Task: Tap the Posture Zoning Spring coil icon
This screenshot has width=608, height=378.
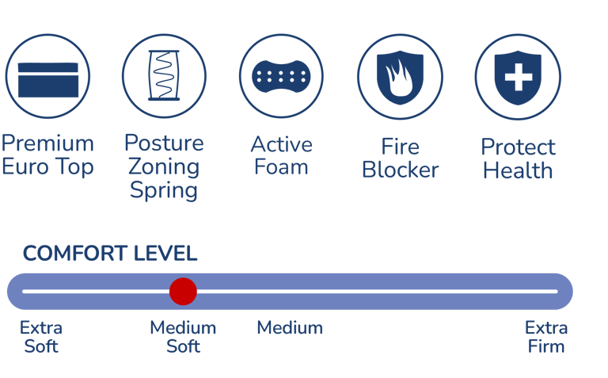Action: pos(164,76)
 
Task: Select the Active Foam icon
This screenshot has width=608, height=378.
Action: pos(281,76)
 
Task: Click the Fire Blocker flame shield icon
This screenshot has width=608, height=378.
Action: pos(399,78)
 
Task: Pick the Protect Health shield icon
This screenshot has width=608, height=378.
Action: pos(518,78)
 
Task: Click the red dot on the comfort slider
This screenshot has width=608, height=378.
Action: pos(183,292)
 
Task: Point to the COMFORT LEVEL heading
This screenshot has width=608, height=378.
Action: pos(110,254)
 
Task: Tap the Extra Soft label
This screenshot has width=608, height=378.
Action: pos(41,337)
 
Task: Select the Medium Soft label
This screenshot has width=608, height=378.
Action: pos(183,337)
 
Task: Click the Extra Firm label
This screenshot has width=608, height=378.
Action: pos(546,337)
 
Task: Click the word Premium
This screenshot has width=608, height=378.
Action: pos(47,143)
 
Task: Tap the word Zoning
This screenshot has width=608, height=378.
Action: pos(164,167)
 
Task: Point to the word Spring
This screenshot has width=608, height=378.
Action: pos(164,191)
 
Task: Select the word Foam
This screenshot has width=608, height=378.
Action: pos(281,167)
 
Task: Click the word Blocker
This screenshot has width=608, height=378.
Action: pos(400,170)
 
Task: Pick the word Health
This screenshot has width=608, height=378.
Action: pos(518,170)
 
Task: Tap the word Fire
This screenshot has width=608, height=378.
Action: pos(400,147)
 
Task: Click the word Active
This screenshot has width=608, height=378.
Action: pos(281,144)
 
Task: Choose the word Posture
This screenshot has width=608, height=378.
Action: pos(164,143)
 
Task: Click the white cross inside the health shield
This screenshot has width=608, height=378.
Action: pos(518,78)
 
